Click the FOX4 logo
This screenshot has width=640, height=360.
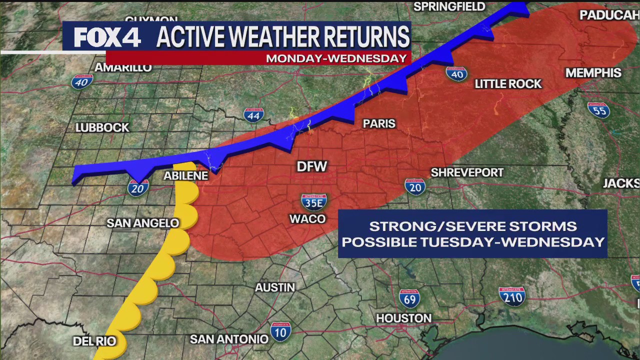tap(107, 37)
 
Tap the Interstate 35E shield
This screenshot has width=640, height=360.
tap(314, 201)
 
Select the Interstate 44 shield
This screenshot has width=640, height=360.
tap(253, 115)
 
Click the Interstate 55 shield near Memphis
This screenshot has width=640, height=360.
tap(598, 109)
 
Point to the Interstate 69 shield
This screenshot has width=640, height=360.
tap(409, 298)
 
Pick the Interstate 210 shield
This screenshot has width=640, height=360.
tap(512, 296)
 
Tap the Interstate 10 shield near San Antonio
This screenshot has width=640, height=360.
tap(280, 331)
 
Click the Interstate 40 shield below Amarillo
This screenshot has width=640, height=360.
tap(82, 81)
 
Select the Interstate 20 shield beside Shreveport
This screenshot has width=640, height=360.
tap(415, 186)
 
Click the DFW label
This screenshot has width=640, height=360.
tap(311, 166)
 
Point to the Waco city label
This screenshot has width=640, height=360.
tap(307, 219)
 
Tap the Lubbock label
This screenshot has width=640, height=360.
tap(102, 128)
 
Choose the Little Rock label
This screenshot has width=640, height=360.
tap(508, 84)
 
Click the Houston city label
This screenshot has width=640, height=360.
tap(403, 318)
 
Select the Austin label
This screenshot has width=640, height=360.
tap(275, 287)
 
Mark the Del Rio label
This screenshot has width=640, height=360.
tap(94, 341)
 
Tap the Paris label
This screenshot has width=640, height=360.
tap(379, 123)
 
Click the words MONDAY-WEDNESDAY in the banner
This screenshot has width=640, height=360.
tap(336, 58)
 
